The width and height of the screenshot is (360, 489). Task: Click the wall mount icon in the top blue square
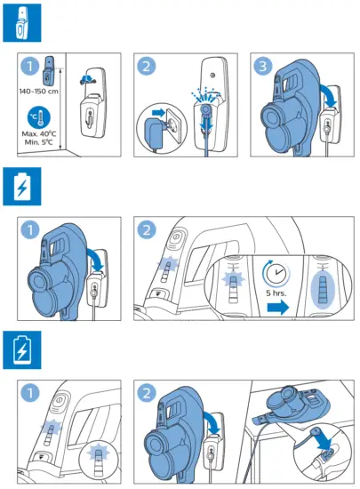[x=22, y=23]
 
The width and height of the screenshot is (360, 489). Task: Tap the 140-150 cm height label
[x=38, y=92]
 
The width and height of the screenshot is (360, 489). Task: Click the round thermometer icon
[x=39, y=118]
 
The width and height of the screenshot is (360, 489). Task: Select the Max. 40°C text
[x=39, y=133]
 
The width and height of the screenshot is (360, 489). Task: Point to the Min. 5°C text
[x=39, y=142]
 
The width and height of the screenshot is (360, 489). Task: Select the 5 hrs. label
[x=276, y=293]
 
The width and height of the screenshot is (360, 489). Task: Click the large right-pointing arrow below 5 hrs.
[x=278, y=308]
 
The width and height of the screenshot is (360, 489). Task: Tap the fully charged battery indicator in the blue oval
[x=323, y=289]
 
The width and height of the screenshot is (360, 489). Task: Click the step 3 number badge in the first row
[x=263, y=66]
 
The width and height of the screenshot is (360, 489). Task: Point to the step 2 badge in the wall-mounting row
[x=147, y=66]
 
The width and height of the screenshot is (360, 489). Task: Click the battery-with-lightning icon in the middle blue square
[x=22, y=187]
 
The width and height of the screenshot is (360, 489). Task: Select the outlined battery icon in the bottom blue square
[x=22, y=349]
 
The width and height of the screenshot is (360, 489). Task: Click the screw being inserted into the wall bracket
[x=88, y=80]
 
